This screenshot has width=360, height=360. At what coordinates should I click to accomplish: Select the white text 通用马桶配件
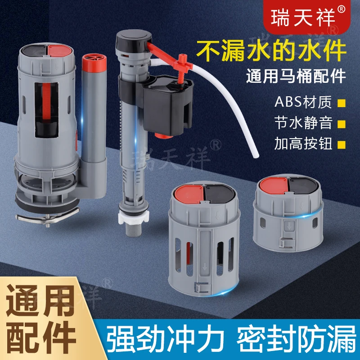296,76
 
